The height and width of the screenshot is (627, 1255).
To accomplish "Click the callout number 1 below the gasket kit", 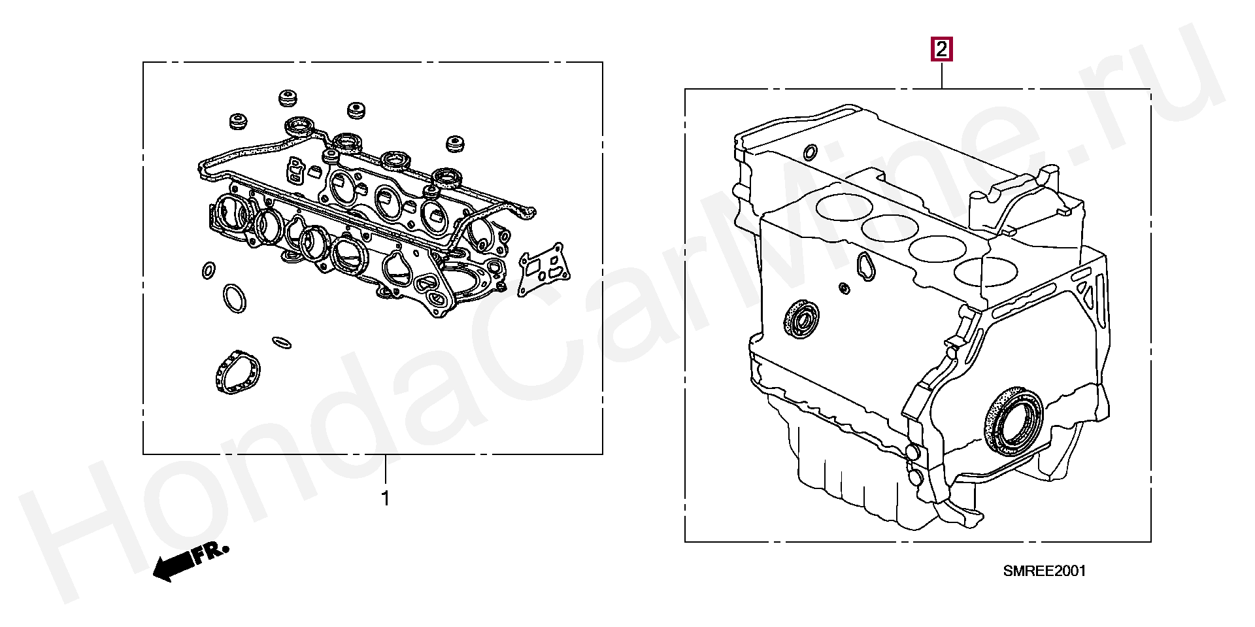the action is [386, 498].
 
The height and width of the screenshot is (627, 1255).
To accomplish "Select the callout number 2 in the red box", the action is [941, 49].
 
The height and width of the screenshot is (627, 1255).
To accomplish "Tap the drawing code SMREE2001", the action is [1044, 571].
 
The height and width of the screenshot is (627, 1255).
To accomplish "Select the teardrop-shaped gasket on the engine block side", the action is [865, 266].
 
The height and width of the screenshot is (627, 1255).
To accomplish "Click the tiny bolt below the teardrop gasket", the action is [845, 288].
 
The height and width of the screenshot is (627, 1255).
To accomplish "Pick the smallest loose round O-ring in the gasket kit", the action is [209, 270].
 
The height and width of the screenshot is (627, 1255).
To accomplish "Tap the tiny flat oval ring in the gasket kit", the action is [281, 342].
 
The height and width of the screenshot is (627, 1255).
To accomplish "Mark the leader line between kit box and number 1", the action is [386, 470].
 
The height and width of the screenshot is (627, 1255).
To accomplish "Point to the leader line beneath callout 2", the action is [941, 75].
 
